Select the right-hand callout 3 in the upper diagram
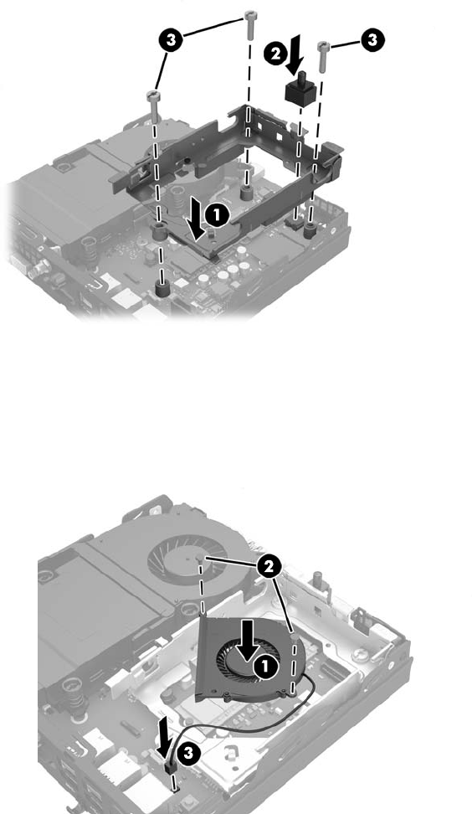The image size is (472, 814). (x=372, y=39)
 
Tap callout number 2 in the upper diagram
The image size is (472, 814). (x=274, y=53)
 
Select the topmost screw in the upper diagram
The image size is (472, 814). (x=250, y=24)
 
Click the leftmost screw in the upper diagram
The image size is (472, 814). (x=153, y=106)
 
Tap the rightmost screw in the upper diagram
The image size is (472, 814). (x=323, y=56)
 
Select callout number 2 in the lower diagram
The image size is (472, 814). (x=269, y=567)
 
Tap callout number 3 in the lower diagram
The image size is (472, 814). (x=189, y=753)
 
